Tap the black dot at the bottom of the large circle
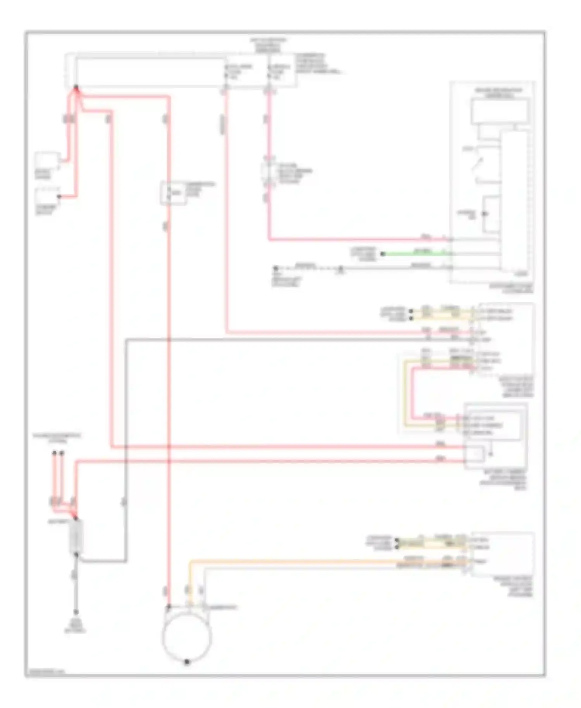(187, 662)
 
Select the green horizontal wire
(414, 254)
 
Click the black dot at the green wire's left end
(383, 254)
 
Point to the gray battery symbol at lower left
(76, 536)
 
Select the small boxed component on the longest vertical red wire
(173, 192)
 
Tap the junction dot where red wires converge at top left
(76, 88)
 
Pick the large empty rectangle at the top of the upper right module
(500, 112)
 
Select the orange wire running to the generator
(329, 561)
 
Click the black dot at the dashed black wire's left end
(276, 268)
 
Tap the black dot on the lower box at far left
(59, 197)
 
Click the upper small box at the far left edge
(47, 160)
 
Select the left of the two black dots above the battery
(55, 452)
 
